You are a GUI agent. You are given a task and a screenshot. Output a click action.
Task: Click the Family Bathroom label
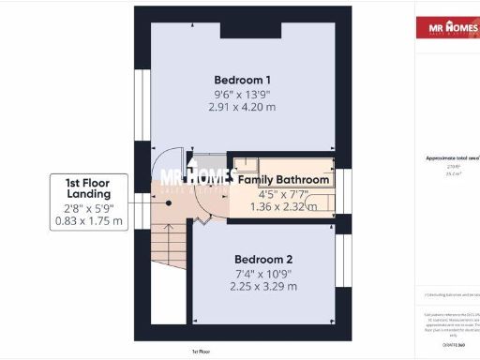[x=283, y=179]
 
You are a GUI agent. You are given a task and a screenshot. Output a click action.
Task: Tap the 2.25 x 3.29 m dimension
[x=240, y=286]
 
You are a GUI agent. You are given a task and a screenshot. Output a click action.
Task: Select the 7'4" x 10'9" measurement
[x=240, y=273]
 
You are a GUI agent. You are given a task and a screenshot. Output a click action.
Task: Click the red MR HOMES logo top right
[x=445, y=28]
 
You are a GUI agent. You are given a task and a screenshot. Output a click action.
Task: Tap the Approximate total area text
[x=447, y=158]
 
